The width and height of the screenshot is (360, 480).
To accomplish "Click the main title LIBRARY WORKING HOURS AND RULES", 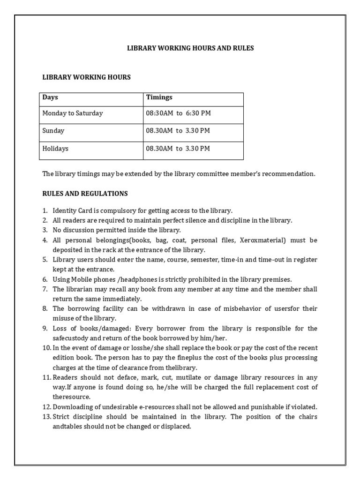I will pyautogui.click(x=190, y=48).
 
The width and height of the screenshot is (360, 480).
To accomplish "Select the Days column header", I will pyautogui.click(x=50, y=97).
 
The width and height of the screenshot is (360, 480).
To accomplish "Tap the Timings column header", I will pyautogui.click(x=159, y=97).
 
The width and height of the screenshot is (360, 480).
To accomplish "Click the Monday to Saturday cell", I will pyautogui.click(x=73, y=113).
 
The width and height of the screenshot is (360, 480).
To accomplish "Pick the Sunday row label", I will pyautogui.click(x=53, y=131).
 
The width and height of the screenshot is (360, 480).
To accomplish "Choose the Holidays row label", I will pyautogui.click(x=55, y=149).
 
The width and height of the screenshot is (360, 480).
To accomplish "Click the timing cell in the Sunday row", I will pyautogui.click(x=178, y=131).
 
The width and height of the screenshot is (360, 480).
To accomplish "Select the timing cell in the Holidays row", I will pyautogui.click(x=178, y=149).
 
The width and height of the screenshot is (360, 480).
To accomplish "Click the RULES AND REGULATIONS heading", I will pyautogui.click(x=85, y=194).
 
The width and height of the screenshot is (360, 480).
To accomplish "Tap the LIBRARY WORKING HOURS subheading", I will pyautogui.click(x=87, y=77).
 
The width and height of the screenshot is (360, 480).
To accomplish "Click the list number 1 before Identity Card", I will pyautogui.click(x=45, y=211).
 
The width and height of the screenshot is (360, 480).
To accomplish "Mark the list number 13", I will pyautogui.click(x=46, y=417).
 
